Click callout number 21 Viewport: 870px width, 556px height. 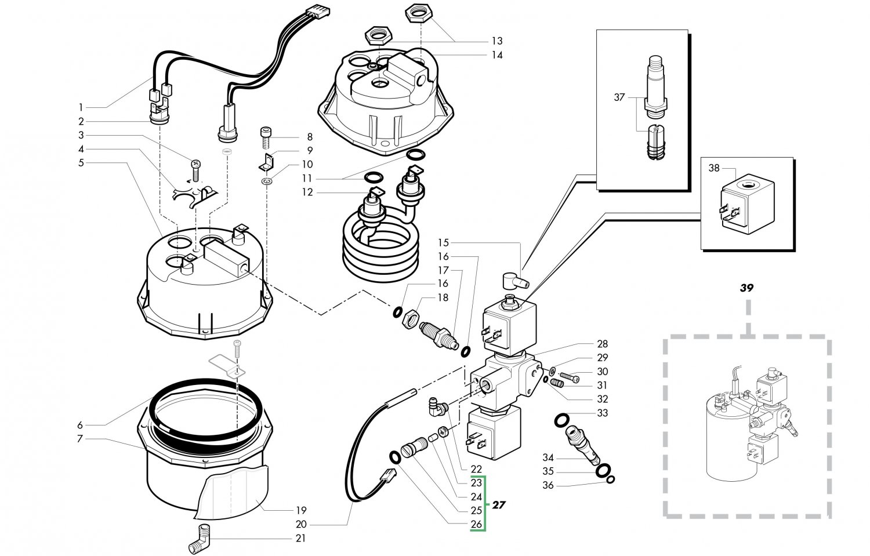tap(300, 538)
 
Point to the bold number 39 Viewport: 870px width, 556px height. tap(746, 288)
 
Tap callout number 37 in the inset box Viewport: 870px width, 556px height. tap(619, 97)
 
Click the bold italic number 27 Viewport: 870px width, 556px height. tap(498, 504)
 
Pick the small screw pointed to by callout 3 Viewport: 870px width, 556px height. tap(195, 169)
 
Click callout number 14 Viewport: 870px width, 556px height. tap(496, 55)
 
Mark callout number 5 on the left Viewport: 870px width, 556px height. tap(81, 163)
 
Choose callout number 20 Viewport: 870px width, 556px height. tap(300, 524)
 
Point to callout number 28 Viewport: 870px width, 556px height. tap(602, 344)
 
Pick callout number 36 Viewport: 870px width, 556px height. tap(548, 485)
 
